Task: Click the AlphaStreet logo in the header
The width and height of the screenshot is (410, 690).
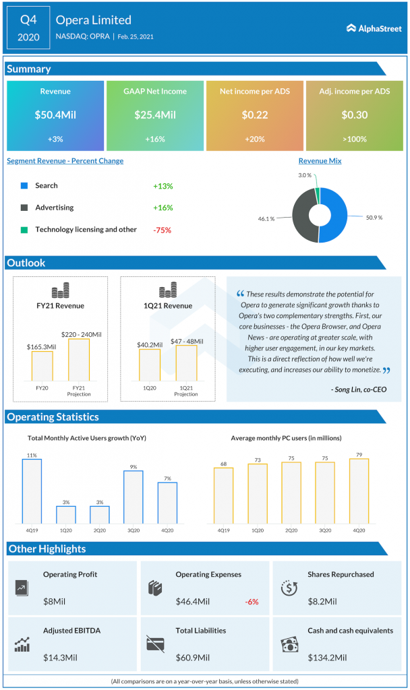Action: [374, 28]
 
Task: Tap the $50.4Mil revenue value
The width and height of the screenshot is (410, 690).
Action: [55, 115]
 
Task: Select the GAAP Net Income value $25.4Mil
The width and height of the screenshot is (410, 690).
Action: [155, 115]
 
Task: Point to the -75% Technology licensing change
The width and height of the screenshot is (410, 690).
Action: [162, 230]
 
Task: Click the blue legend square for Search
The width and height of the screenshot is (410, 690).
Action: [24, 185]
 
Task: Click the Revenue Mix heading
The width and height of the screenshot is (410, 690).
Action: [320, 161]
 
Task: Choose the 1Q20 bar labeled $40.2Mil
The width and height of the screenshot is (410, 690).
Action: [150, 365]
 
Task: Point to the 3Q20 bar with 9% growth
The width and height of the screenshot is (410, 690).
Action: [134, 497]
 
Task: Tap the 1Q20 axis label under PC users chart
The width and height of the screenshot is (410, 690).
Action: [258, 530]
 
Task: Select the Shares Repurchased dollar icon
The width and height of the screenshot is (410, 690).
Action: [289, 587]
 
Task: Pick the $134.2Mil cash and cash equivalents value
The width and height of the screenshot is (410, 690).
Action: [327, 657]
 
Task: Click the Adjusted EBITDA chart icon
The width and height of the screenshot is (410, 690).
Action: [22, 644]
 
